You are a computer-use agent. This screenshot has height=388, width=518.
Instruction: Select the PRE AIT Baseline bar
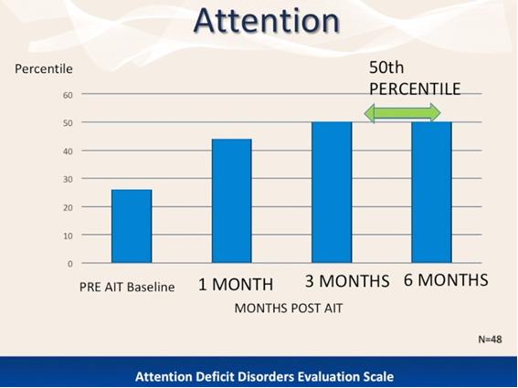click(132, 226)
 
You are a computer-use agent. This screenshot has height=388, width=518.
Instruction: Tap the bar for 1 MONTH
click(232, 201)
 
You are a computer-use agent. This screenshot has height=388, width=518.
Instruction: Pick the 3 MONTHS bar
click(332, 193)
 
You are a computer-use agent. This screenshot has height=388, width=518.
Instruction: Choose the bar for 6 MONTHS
click(431, 193)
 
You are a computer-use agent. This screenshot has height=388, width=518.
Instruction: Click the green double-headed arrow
click(402, 113)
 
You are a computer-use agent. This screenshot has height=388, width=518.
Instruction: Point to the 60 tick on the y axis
click(68, 95)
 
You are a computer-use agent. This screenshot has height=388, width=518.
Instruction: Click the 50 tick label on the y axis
click(68, 123)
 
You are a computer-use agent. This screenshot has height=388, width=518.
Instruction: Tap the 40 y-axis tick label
click(68, 152)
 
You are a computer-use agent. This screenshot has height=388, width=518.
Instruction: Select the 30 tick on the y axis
click(68, 179)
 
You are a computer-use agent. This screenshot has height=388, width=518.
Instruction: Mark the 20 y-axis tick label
click(68, 208)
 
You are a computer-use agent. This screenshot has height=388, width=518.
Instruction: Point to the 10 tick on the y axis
click(68, 236)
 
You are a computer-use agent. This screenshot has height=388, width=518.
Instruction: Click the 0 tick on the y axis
click(70, 264)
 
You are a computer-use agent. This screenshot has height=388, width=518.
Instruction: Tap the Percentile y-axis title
click(44, 68)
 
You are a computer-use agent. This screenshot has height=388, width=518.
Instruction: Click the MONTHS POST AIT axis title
click(289, 308)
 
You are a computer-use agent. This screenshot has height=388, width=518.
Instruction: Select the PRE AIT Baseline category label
click(127, 287)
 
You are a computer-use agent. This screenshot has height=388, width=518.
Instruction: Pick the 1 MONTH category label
click(236, 284)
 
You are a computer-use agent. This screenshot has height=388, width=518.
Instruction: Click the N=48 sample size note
click(491, 339)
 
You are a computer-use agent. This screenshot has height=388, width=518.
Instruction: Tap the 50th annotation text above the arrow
click(386, 68)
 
